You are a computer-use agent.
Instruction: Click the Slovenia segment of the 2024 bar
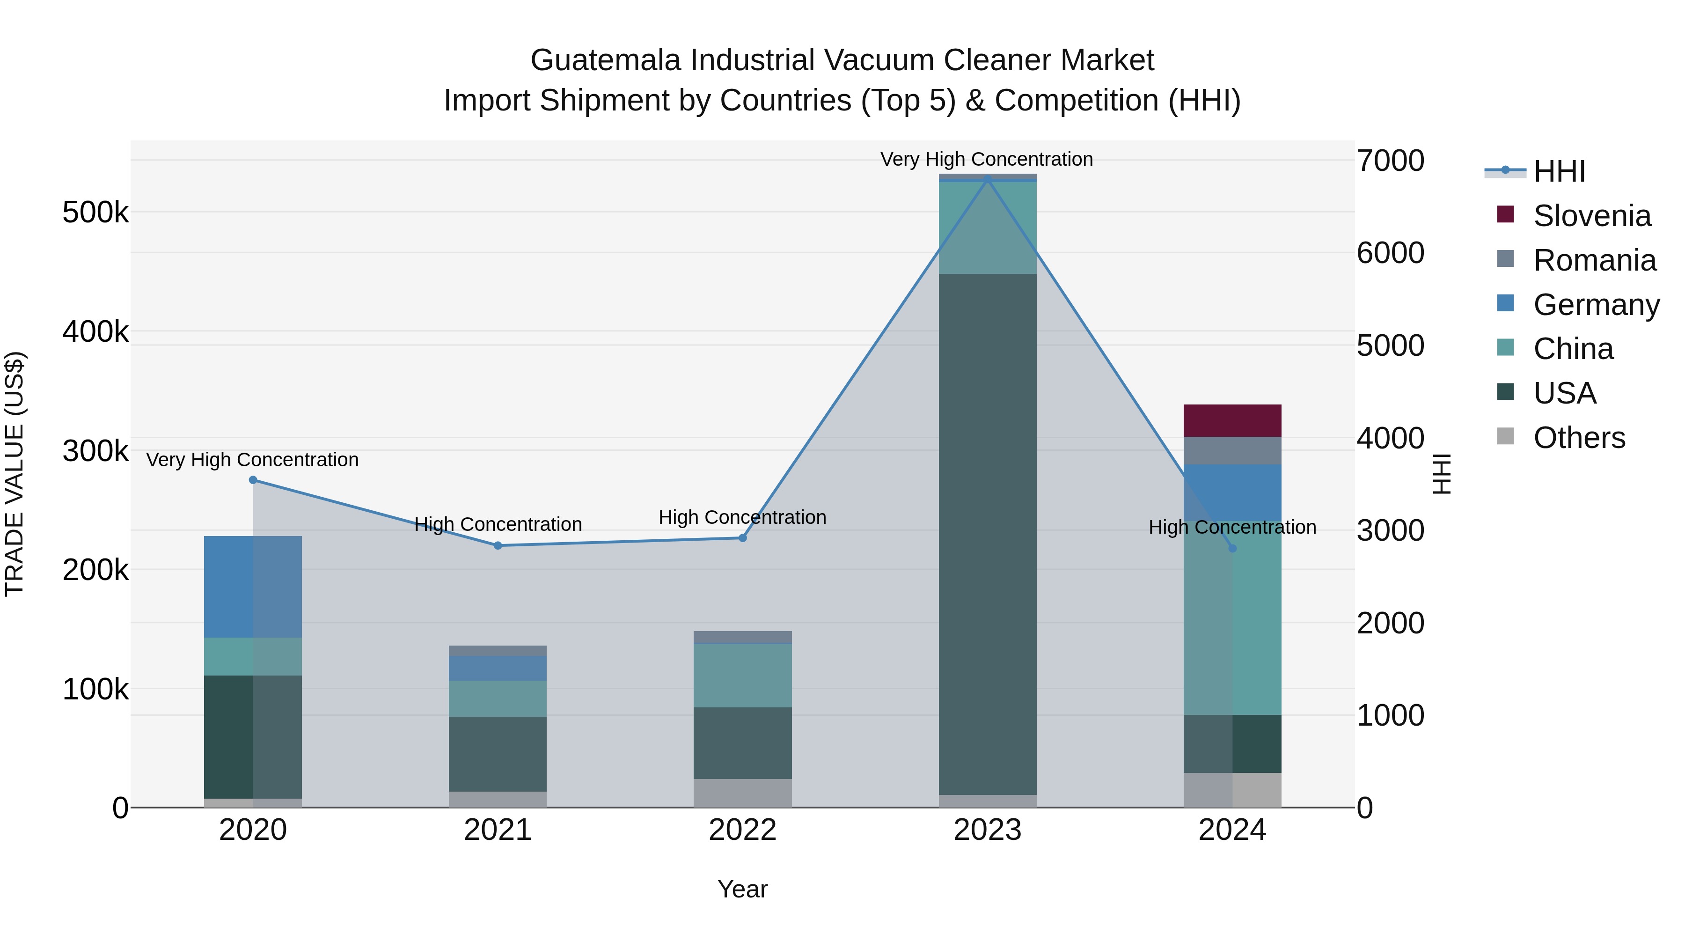1232,421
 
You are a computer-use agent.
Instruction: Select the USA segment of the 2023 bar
987,533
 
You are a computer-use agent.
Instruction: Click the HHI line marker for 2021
498,546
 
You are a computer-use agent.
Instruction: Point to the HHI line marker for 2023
987,179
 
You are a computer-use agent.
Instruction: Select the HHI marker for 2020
253,480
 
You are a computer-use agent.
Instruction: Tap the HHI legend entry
1558,171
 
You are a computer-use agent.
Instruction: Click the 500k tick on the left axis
95,213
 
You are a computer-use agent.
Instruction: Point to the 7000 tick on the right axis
1391,161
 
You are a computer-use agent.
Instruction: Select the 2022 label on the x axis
742,830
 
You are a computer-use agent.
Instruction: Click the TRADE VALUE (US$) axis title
15,474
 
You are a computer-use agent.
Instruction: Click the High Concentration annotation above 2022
742,517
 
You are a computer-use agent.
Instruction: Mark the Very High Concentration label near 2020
252,460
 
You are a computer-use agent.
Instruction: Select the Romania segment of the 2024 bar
1232,451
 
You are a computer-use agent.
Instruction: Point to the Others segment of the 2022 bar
742,793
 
